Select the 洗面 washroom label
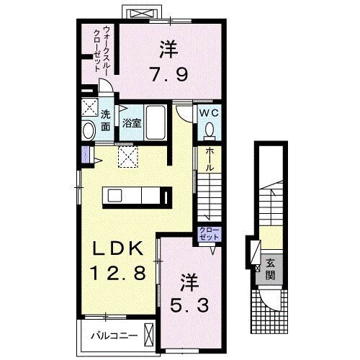[x=105, y=120]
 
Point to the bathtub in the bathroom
[x=156, y=119]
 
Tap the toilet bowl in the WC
[x=209, y=129]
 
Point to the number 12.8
[x=120, y=273]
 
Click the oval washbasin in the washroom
[x=89, y=131]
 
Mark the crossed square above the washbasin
[x=89, y=109]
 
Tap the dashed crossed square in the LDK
[x=127, y=156]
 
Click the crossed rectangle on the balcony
[x=148, y=335]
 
